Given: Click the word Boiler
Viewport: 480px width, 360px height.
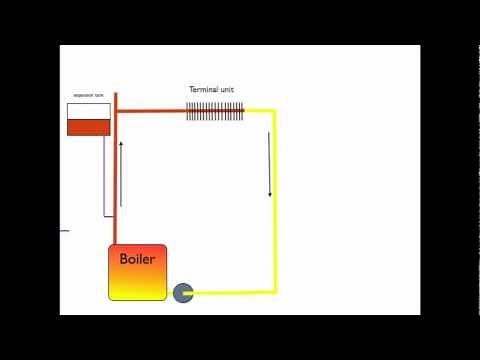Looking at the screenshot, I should point(137,259).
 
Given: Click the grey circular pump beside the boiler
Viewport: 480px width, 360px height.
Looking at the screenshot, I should point(183,292).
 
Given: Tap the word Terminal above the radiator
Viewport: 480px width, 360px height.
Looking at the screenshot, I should point(203,89).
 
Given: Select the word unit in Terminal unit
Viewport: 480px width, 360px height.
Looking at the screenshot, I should point(228,89).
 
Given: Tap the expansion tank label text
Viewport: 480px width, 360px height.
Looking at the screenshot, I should point(88,96).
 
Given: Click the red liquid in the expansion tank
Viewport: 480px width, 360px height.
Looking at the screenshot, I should point(88,127).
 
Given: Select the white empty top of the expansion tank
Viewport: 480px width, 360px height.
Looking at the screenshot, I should point(88,110).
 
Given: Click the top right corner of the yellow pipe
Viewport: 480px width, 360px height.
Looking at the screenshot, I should point(273,112).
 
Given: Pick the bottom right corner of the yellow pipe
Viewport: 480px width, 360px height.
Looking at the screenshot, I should point(273,292).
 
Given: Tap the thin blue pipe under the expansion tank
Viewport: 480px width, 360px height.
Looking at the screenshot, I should point(104,180).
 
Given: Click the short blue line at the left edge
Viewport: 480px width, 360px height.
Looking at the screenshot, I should point(64,231).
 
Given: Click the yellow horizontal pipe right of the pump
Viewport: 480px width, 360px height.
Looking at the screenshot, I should point(230,292).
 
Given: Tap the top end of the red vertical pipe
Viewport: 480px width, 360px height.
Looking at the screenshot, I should point(116,96).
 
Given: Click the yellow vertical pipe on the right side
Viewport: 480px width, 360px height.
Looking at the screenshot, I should point(273,220).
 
